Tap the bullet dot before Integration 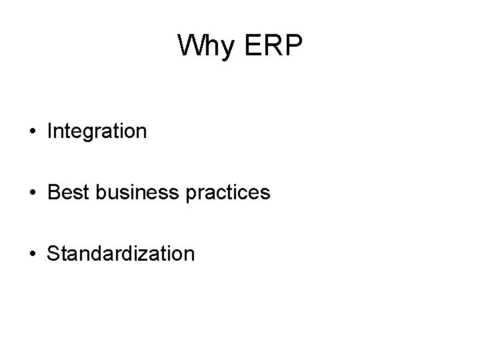tap(33, 132)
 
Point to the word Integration tap(97, 131)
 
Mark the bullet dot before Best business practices tap(33, 193)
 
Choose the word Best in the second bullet tap(65, 193)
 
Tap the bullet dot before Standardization tap(33, 254)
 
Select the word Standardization tap(121, 253)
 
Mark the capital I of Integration tap(50, 131)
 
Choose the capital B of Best tap(53, 193)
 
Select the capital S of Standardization tap(53, 253)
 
